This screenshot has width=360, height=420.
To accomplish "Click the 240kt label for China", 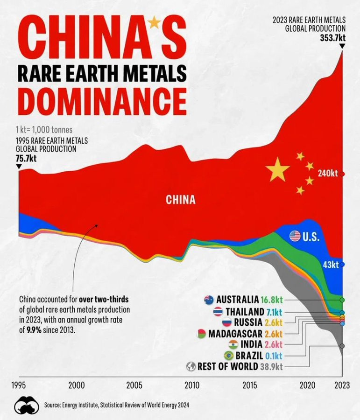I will click(328, 173).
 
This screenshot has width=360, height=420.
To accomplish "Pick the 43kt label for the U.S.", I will click(331, 264).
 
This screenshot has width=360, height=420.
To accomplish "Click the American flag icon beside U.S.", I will click(295, 236).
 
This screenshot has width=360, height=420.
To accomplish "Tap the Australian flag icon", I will click(209, 300).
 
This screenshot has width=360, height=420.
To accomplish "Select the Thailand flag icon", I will click(218, 311).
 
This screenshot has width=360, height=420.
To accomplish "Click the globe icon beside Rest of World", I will click(190, 366).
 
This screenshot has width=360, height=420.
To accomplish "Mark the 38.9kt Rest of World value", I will click(271, 366).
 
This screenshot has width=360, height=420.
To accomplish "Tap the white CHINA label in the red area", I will click(181, 200).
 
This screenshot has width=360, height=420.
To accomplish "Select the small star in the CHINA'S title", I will click(154, 22).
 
